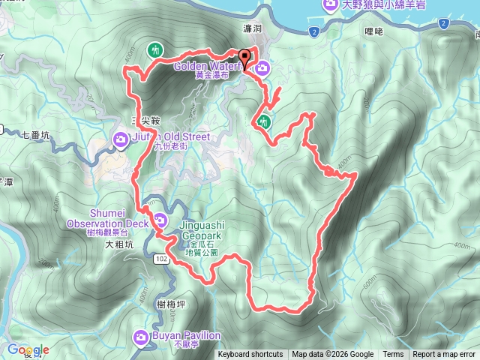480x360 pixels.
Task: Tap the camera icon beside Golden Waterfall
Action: [x=262, y=70]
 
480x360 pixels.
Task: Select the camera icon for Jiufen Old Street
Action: [x=121, y=139]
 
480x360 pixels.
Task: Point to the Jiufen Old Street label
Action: [x=169, y=137]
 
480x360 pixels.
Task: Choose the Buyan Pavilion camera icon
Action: [x=140, y=337]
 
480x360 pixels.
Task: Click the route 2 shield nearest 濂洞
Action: [x=313, y=31]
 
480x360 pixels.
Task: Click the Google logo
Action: [x=28, y=350]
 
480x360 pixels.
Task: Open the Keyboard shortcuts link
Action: [x=250, y=355]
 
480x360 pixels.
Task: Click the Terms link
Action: [x=393, y=355]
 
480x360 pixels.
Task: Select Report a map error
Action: [x=445, y=355]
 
